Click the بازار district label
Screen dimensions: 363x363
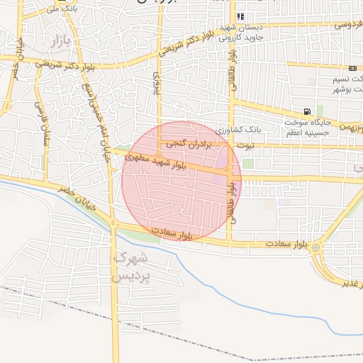[61, 41]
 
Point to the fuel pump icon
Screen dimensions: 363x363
[306, 111]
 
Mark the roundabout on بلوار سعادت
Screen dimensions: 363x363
[315, 248]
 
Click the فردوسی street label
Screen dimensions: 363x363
[345, 24]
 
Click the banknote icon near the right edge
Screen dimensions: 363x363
[352, 67]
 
